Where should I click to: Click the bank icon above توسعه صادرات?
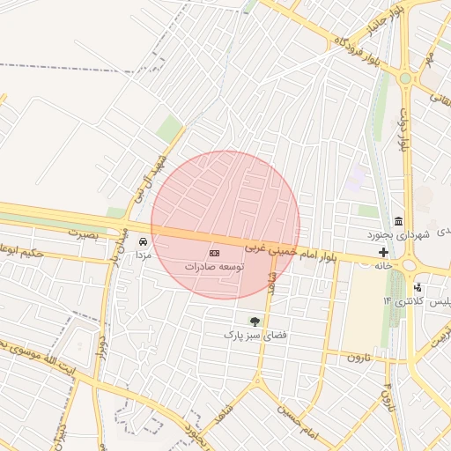(x=216, y=253)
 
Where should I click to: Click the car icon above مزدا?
(x=143, y=241)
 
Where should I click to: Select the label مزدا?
(x=143, y=254)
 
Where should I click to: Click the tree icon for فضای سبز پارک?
(x=255, y=322)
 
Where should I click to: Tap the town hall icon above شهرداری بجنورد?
(x=399, y=221)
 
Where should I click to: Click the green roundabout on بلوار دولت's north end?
(x=404, y=78)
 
